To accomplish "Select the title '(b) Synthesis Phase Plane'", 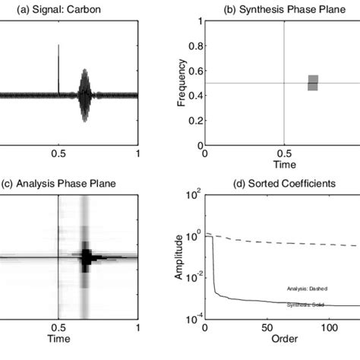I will tap(283, 9).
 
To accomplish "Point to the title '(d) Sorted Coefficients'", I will tap(283, 183).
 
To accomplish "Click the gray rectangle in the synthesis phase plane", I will tap(313, 83).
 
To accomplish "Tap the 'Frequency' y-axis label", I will tap(182, 83).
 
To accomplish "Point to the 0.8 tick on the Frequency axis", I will tap(197, 46).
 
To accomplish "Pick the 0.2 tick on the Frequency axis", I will tap(197, 120).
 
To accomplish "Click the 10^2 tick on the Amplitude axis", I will tap(194, 195).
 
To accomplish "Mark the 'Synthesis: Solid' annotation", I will tap(307, 305).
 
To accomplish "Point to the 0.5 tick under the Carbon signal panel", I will tap(58, 153).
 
